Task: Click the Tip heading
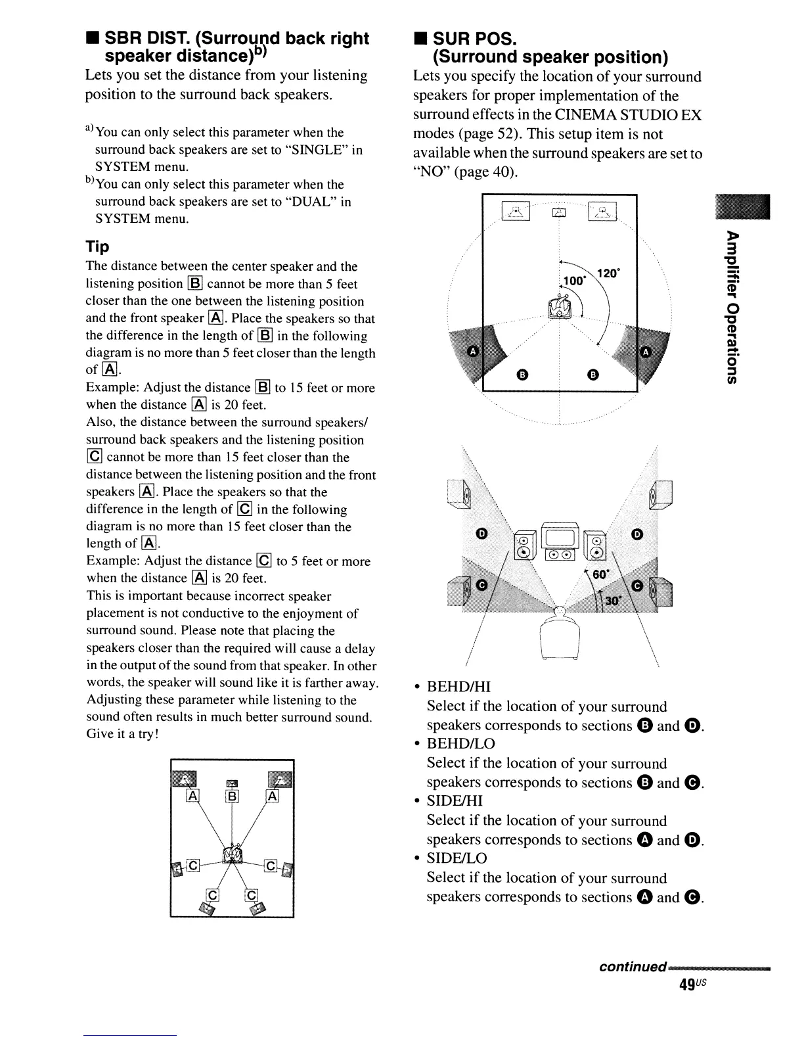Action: pyautogui.click(x=98, y=247)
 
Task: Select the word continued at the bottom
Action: pyautogui.click(x=633, y=967)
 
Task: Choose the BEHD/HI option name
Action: pyautogui.click(x=459, y=687)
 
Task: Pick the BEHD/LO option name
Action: pyautogui.click(x=461, y=744)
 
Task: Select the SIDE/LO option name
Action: pyautogui.click(x=457, y=858)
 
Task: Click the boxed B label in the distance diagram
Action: pyautogui.click(x=232, y=797)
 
